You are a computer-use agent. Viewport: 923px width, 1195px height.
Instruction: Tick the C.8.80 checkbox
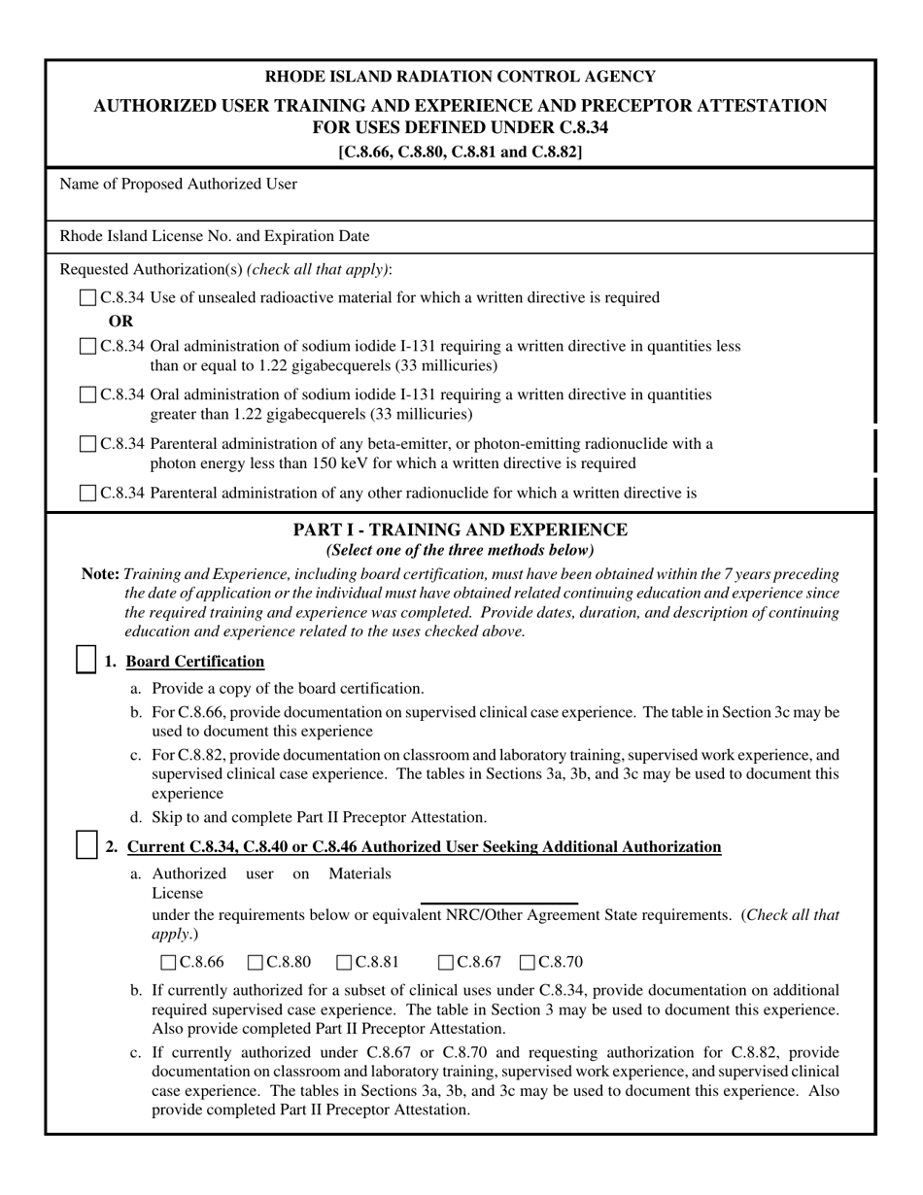pyautogui.click(x=256, y=963)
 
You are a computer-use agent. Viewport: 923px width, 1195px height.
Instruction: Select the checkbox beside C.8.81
pyautogui.click(x=345, y=963)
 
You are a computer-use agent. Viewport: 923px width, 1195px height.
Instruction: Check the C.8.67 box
pyautogui.click(x=447, y=963)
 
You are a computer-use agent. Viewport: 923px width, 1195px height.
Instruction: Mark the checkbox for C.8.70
pyautogui.click(x=529, y=963)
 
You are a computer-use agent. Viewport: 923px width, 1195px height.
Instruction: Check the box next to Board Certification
pyautogui.click(x=85, y=660)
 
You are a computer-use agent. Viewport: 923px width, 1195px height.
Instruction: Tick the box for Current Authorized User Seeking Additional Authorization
pyautogui.click(x=85, y=845)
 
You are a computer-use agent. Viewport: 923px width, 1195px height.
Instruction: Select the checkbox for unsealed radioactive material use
pyautogui.click(x=88, y=298)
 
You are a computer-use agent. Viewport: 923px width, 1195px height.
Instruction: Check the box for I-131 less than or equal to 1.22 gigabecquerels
pyautogui.click(x=88, y=347)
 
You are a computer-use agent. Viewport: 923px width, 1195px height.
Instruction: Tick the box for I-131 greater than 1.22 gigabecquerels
pyautogui.click(x=88, y=395)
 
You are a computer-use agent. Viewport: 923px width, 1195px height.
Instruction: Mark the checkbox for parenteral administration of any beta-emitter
pyautogui.click(x=88, y=444)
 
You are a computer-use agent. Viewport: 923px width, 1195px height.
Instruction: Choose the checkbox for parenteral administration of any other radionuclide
pyautogui.click(x=88, y=494)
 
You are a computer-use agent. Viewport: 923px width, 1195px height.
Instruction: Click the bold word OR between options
pyautogui.click(x=120, y=322)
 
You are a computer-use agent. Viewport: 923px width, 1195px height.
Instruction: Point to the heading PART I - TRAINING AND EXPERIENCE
pyautogui.click(x=461, y=530)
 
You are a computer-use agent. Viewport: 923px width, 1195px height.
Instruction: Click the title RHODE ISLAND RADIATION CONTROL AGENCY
pyautogui.click(x=461, y=77)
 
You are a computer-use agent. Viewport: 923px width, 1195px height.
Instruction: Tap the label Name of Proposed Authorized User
pyautogui.click(x=179, y=184)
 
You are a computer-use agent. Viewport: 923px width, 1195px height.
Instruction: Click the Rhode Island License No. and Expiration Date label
pyautogui.click(x=215, y=236)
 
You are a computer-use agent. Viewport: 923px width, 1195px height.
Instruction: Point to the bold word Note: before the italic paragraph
pyautogui.click(x=101, y=574)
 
